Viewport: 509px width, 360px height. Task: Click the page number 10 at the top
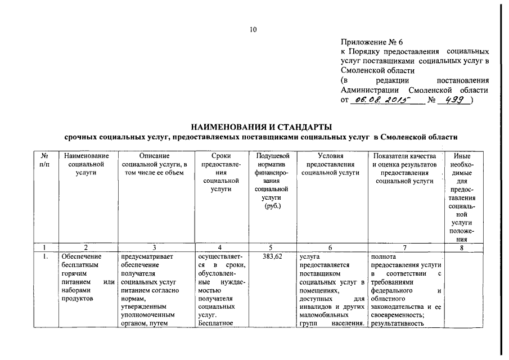pyautogui.click(x=253, y=30)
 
